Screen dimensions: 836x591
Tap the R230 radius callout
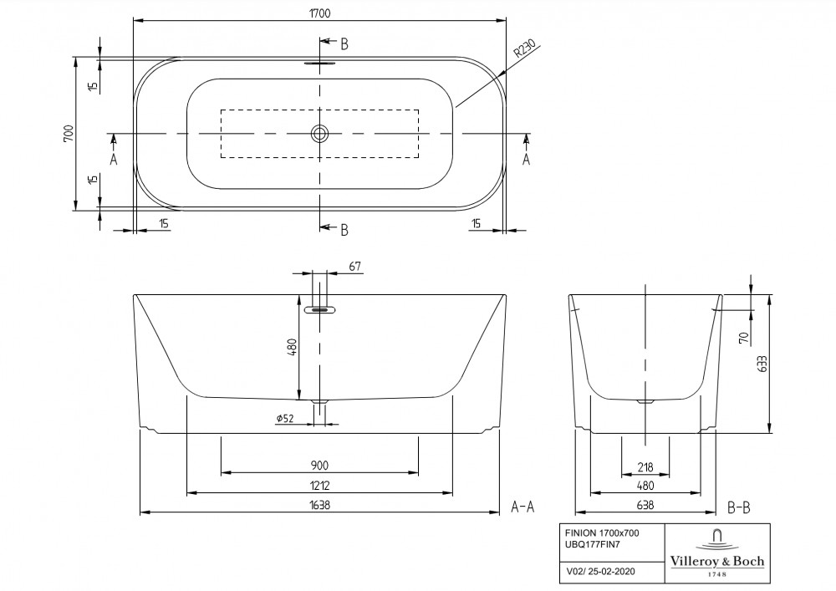coord(524,48)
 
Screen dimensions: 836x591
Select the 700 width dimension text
coord(69,133)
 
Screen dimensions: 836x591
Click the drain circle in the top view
coord(319,133)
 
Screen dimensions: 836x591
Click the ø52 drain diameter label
coord(285,418)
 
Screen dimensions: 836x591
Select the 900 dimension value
coord(319,466)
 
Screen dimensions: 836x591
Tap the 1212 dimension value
coord(319,486)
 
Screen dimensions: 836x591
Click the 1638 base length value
coord(319,505)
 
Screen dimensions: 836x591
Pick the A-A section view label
coord(522,507)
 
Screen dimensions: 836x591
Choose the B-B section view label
coord(739,508)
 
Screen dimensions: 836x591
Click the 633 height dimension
coord(762,364)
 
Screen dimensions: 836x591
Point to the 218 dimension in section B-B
coord(645,467)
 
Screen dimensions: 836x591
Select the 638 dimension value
coord(645,505)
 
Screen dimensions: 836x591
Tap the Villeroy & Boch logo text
coord(717,561)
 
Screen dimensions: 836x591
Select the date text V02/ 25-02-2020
coord(601,571)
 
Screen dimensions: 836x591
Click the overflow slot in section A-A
coord(319,309)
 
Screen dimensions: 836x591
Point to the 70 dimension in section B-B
coord(744,338)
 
